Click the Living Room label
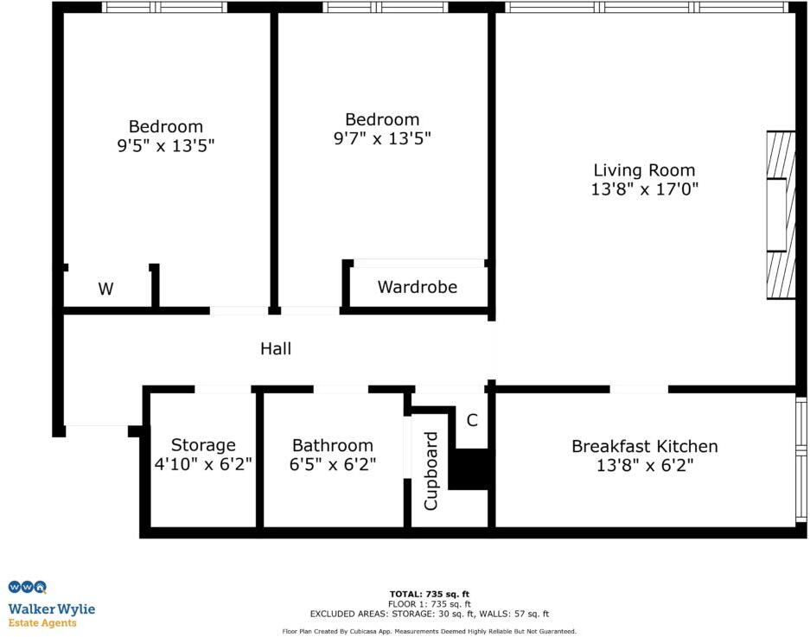click(644, 170)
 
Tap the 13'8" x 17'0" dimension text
click(644, 189)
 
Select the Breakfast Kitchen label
click(644, 446)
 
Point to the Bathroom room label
click(333, 446)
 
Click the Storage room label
click(203, 445)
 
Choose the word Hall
click(276, 349)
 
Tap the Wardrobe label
click(418, 287)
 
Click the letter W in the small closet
click(105, 290)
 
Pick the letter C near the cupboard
click(472, 421)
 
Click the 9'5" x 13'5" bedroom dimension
click(166, 146)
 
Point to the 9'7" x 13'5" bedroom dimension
click(382, 138)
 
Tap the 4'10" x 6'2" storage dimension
click(203, 465)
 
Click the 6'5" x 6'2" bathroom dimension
click(333, 465)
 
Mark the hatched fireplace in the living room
click(781, 215)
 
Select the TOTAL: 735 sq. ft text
click(429, 594)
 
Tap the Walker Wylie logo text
click(52, 609)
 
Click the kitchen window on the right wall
click(801, 458)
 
